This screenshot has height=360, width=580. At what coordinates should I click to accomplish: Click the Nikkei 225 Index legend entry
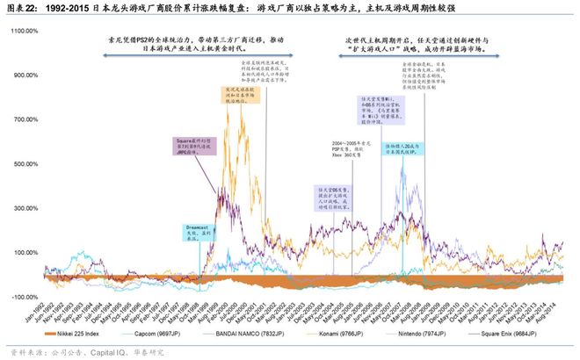[x=96, y=335]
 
